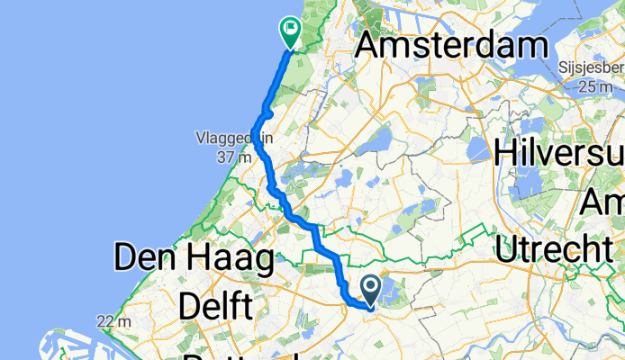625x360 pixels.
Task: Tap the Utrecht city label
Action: tap(550, 244)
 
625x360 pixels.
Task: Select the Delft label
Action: tap(214, 306)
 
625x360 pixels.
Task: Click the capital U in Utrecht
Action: tap(506, 244)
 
